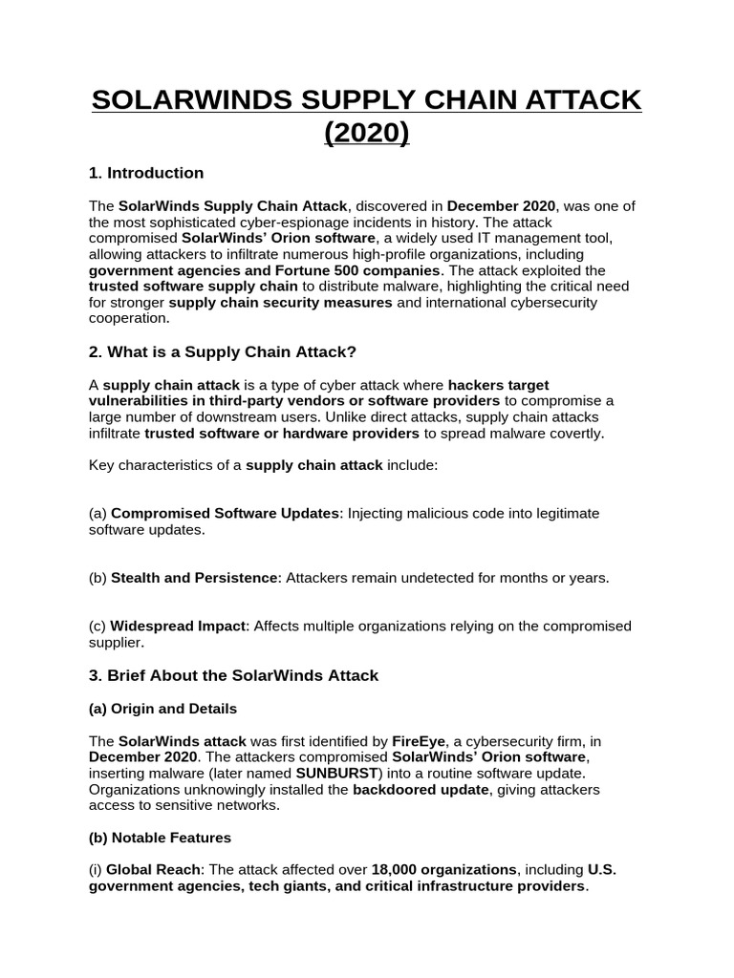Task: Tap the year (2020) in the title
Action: click(367, 133)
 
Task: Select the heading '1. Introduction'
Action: click(145, 173)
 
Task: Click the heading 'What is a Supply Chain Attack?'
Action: click(222, 352)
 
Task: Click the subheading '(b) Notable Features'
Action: click(160, 838)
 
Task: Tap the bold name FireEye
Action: click(419, 741)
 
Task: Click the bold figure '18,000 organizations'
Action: click(443, 870)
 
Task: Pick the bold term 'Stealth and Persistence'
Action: click(194, 578)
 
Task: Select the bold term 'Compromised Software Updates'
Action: click(226, 514)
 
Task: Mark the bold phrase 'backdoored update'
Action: click(418, 790)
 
